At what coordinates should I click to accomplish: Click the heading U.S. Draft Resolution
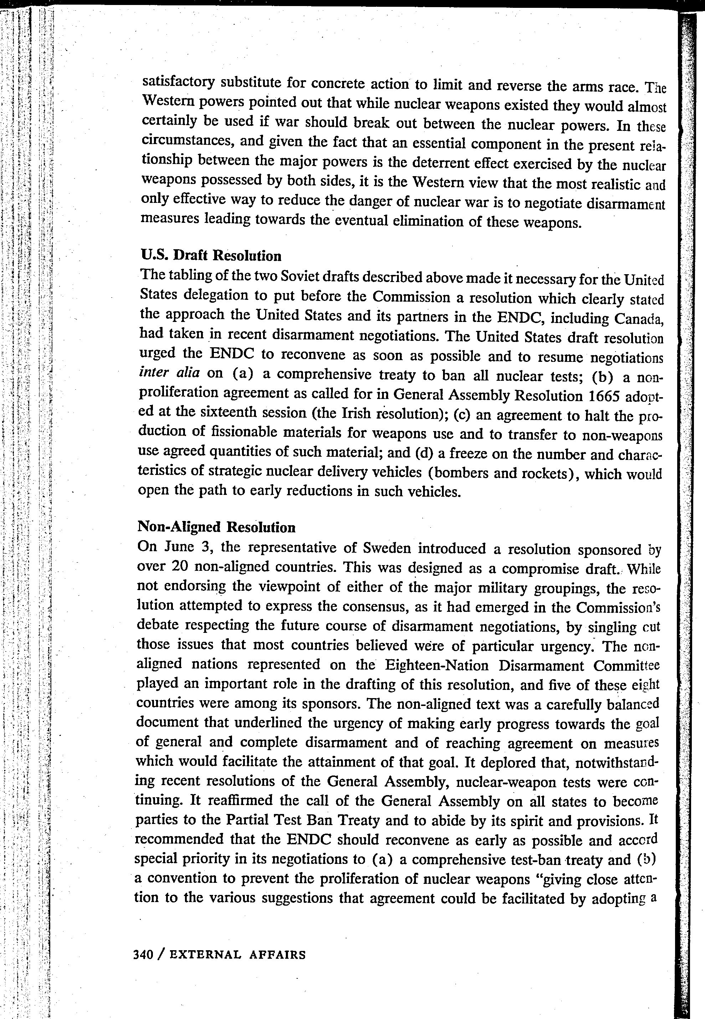[x=211, y=255]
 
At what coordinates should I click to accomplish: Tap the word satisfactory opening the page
[x=179, y=82]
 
